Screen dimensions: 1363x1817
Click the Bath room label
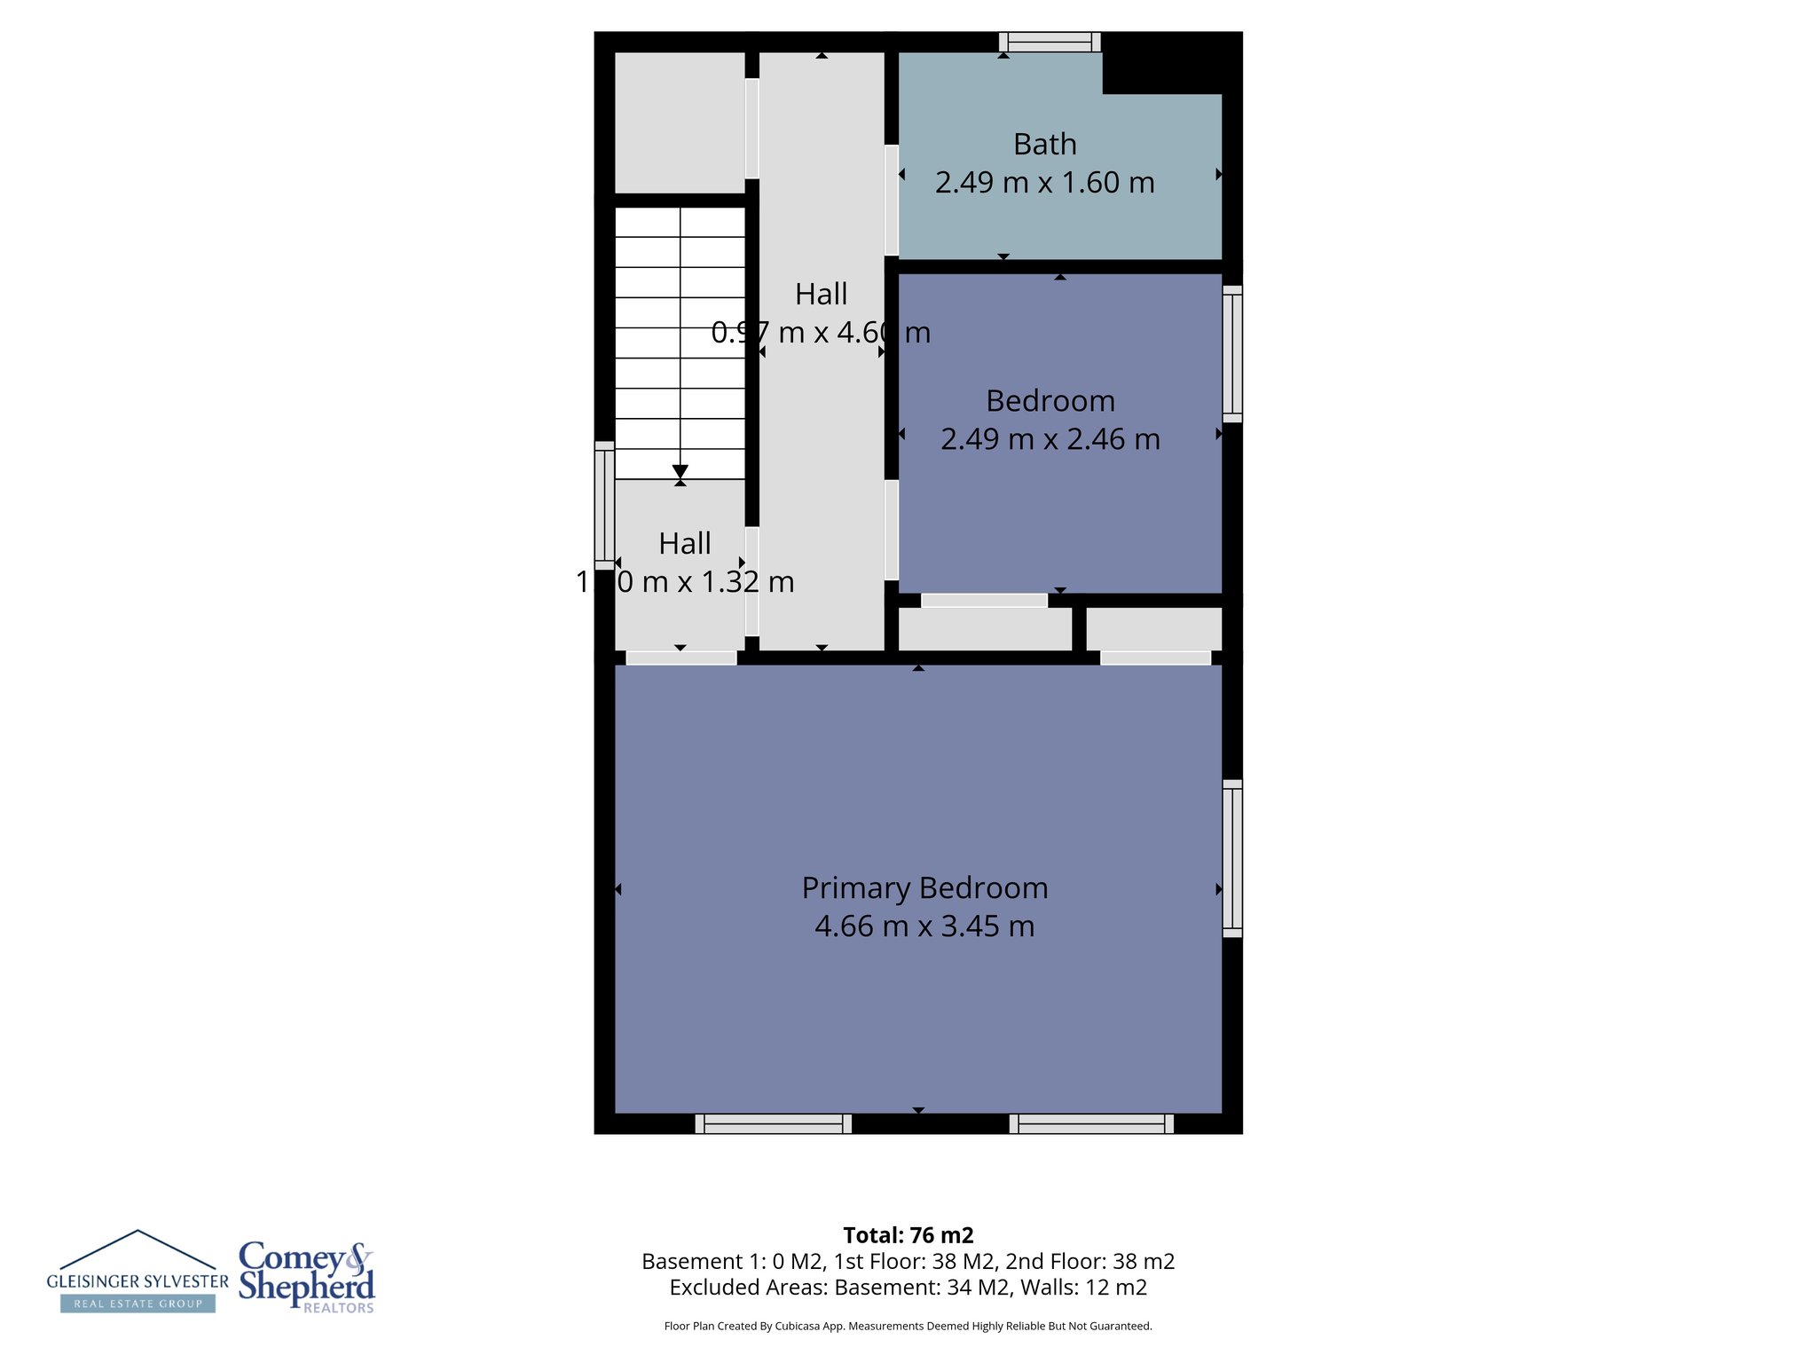coord(1044,145)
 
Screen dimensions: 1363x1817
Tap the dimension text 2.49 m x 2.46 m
coord(1050,439)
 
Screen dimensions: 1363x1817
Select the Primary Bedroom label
coord(924,888)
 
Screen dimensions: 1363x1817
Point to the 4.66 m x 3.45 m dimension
coord(924,926)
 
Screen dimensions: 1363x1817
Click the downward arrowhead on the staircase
coord(680,471)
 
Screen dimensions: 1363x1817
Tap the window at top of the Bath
coord(1050,42)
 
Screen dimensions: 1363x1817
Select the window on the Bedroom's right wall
coord(1232,353)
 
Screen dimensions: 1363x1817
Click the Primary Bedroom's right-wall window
coord(1232,858)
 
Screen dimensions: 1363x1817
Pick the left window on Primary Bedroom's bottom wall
coord(773,1123)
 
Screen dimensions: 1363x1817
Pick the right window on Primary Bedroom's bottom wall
coord(1091,1123)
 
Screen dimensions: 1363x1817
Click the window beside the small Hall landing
coord(604,505)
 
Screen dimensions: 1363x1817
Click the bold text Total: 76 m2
coord(908,1235)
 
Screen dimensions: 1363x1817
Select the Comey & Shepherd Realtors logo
coord(307,1276)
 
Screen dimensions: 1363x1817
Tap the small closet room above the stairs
coord(680,122)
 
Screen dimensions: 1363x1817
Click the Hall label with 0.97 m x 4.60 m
coord(821,295)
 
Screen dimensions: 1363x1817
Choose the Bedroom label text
coord(1050,401)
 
